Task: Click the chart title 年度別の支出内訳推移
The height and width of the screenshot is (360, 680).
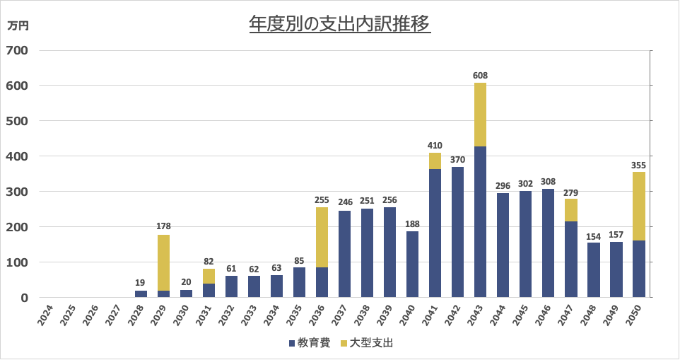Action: tap(339, 24)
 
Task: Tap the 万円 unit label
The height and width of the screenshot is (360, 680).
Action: tap(18, 26)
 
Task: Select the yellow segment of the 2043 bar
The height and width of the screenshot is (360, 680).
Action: tap(481, 115)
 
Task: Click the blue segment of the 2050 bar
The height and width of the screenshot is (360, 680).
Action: tap(638, 269)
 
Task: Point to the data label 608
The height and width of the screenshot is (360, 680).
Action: tap(481, 75)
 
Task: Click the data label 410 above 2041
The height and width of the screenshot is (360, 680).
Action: tap(435, 146)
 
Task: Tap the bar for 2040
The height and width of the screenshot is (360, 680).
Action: tap(412, 264)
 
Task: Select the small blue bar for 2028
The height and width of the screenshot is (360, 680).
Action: tap(141, 294)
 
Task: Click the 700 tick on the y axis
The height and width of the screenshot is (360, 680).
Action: tap(18, 50)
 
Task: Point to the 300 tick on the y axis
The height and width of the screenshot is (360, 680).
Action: tap(18, 192)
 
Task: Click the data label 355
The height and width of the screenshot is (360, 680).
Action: tap(638, 166)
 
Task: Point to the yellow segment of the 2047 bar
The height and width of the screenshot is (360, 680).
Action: tap(570, 210)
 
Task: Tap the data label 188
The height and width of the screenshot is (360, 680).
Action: tap(412, 224)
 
